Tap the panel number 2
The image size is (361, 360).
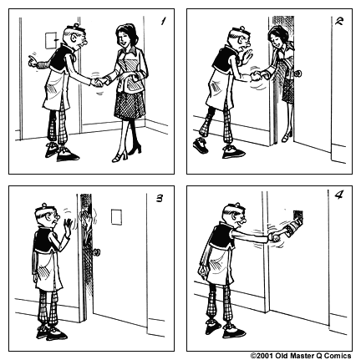pos(338,23)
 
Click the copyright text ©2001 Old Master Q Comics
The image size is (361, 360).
pos(303,354)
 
